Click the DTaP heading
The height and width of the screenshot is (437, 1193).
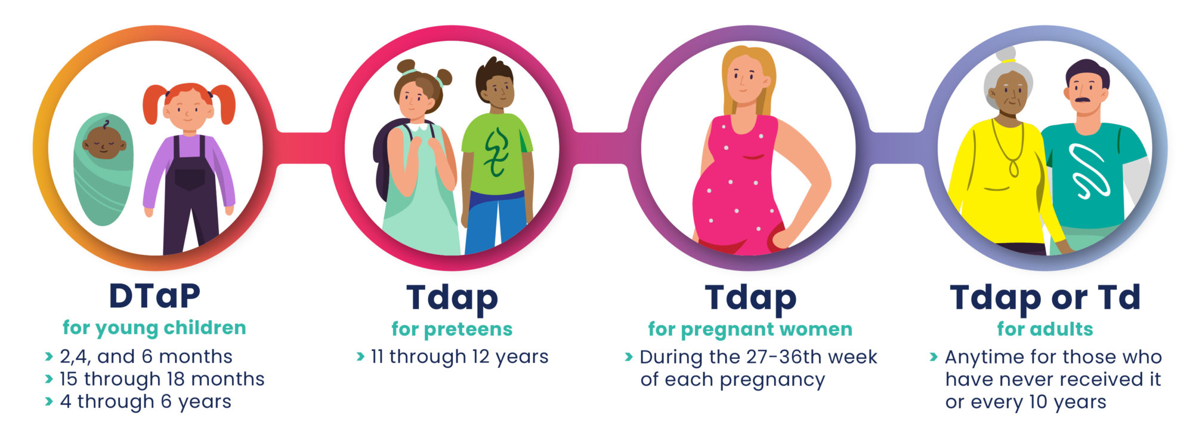154,296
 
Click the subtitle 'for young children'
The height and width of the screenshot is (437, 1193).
154,328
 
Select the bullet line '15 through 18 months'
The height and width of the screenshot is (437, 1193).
162,379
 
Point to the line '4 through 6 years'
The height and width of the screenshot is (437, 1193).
146,402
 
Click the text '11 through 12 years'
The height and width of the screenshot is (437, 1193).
459,357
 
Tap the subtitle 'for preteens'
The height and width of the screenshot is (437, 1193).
452,329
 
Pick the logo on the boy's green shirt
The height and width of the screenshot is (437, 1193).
496,152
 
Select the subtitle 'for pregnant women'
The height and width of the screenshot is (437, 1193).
750,329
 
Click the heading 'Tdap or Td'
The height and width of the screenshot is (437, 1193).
1045,297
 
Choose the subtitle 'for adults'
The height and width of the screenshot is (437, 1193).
1045,329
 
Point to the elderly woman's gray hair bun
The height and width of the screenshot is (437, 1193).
1006,54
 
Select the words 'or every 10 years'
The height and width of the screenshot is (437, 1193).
1025,402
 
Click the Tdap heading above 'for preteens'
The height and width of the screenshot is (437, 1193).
452,298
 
